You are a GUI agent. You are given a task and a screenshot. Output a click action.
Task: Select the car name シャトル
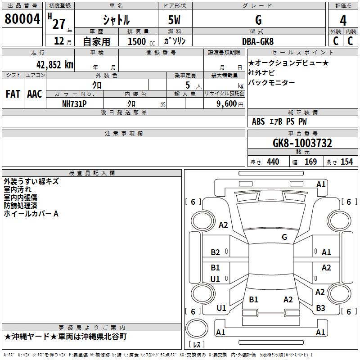pyautogui.click(x=116, y=20)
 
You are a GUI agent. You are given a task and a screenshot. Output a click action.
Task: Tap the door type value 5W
pyautogui.click(x=175, y=20)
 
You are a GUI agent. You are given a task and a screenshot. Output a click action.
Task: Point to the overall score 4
pyautogui.click(x=343, y=20)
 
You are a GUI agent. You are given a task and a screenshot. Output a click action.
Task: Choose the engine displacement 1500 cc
pyautogui.click(x=139, y=41)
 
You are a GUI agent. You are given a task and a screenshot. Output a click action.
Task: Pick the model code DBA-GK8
pyautogui.click(x=258, y=41)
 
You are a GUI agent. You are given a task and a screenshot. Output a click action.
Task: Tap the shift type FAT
pyautogui.click(x=13, y=94)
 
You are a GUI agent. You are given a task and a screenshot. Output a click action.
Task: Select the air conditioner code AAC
pyautogui.click(x=34, y=94)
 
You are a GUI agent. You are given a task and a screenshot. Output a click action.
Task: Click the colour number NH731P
pyautogui.click(x=74, y=103)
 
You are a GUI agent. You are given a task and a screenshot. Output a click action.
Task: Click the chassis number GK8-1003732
pyautogui.click(x=302, y=143)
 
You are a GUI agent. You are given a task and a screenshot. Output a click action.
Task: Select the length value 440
pyautogui.click(x=273, y=162)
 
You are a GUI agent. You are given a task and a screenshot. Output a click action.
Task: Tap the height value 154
pyautogui.click(x=346, y=162)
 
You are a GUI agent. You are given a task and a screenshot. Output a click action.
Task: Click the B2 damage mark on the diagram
pyautogui.click(x=216, y=252)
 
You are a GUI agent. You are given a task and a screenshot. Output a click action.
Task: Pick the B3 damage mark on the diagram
pyautogui.click(x=320, y=308)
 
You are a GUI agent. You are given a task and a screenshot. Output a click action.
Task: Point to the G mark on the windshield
pyautogui.click(x=284, y=237)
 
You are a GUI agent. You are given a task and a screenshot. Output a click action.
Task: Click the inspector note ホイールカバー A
pyautogui.click(x=31, y=214)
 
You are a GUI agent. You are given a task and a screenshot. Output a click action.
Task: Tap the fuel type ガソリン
pyautogui.click(x=175, y=41)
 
